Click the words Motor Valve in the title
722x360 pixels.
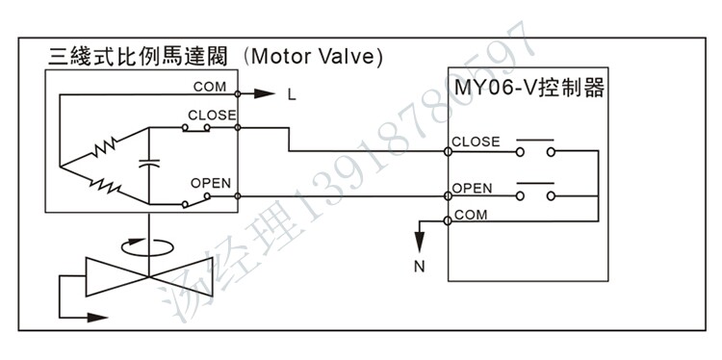[318, 57]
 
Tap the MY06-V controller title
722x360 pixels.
[529, 89]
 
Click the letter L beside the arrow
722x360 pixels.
[292, 96]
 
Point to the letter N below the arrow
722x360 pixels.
[419, 267]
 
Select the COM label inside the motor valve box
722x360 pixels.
[210, 87]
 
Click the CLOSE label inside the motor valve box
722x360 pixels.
[212, 116]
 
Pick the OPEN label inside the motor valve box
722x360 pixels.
[211, 183]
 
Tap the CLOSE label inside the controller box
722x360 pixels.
[477, 141]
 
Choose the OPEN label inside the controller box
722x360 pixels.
[472, 189]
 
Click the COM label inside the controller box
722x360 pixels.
[471, 215]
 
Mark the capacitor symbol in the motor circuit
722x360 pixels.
[149, 164]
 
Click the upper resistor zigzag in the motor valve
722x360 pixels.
[105, 149]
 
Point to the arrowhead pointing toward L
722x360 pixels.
[265, 94]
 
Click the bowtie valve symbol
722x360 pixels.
[149, 276]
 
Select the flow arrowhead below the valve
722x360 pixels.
[97, 318]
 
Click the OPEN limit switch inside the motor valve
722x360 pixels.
[196, 200]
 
